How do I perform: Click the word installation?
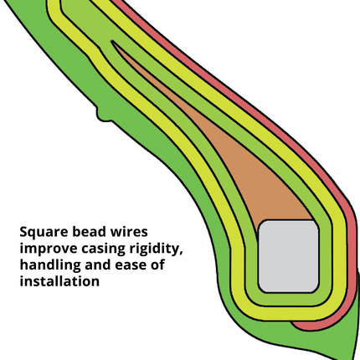(x=59, y=280)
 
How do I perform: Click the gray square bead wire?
(x=288, y=256)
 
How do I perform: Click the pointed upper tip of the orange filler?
(x=111, y=41)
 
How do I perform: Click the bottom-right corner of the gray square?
(x=317, y=291)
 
